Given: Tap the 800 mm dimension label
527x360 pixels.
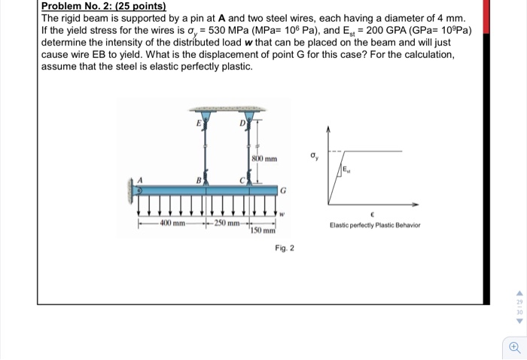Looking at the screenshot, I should [x=264, y=159].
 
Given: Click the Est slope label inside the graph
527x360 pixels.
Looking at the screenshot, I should [x=351, y=171].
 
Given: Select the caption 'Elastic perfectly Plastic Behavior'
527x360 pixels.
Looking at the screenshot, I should [x=374, y=225].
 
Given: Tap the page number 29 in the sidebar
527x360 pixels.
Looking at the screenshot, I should [x=518, y=301].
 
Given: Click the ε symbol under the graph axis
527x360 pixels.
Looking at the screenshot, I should [x=374, y=213].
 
